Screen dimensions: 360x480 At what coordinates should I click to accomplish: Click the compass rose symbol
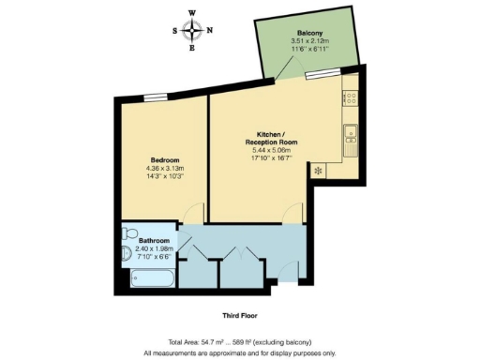pyautogui.click(x=193, y=29)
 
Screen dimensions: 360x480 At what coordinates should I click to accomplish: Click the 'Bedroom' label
pyautogui.click(x=164, y=159)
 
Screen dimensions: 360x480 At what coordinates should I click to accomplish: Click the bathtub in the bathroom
pyautogui.click(x=149, y=278)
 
